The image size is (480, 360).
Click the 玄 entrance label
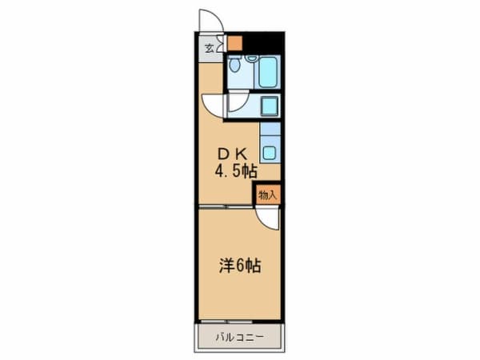pos(209,47)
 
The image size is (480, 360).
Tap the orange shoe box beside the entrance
pos(234,44)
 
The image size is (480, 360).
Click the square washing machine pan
pos(268,106)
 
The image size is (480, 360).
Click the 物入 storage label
pos(267,194)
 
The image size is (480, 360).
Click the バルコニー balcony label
pos(238,337)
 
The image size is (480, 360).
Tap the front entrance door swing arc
pos(210,21)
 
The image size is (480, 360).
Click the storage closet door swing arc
pos(270,218)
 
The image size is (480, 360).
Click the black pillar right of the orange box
pos(264,42)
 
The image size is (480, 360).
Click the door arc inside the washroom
pos(238,102)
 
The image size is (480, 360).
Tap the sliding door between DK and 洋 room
pos(226,207)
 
